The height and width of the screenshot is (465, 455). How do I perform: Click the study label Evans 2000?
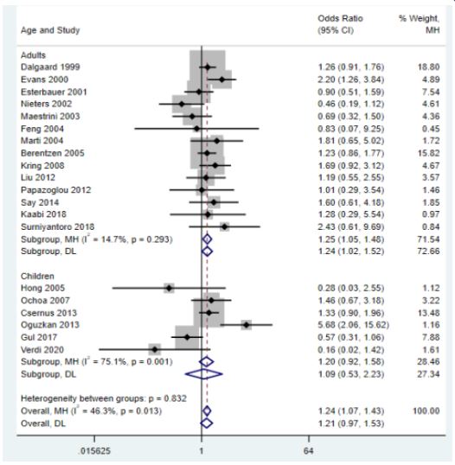[x=44, y=80]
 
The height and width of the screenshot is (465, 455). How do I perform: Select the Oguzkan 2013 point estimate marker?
[x=247, y=325]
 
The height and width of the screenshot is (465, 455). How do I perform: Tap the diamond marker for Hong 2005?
[x=170, y=288]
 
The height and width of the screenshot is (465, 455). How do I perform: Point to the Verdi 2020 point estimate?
[x=155, y=350]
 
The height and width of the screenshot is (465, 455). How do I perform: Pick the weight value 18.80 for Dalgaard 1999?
[x=428, y=67]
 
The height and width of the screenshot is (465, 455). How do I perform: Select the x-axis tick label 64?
[x=308, y=451]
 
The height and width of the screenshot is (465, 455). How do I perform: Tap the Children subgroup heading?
[x=37, y=276]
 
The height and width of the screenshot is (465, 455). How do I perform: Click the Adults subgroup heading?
[x=33, y=55]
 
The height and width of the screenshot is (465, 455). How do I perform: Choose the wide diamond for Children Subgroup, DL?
[x=204, y=374]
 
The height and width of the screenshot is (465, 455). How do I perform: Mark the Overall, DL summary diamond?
[x=207, y=424]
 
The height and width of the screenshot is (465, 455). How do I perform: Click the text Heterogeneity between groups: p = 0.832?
[x=104, y=398]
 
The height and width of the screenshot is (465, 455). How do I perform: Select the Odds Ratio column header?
[x=341, y=19]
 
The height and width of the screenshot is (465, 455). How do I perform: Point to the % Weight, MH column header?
[x=419, y=24]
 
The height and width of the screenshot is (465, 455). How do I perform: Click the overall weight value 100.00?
[x=426, y=411]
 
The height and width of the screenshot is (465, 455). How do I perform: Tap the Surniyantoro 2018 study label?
[x=58, y=226]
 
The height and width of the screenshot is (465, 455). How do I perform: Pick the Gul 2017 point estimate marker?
[x=187, y=337]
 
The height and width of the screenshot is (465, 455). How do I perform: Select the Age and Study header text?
[x=50, y=30]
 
